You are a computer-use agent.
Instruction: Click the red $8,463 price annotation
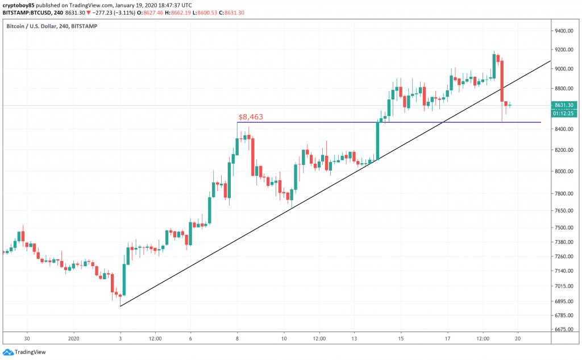[251, 117]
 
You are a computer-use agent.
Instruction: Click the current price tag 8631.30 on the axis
[566, 105]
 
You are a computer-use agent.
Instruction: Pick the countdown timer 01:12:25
[566, 113]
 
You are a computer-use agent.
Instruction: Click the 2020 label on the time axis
[74, 338]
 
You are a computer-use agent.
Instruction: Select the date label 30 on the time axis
[27, 338]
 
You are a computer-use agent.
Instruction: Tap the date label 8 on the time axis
[237, 338]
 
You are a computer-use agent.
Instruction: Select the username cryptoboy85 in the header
[19, 5]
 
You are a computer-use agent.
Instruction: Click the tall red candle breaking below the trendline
[502, 80]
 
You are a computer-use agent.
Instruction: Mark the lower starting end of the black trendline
[120, 306]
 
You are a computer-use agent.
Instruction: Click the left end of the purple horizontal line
[237, 122]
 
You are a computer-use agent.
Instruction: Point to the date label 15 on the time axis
[401, 338]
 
